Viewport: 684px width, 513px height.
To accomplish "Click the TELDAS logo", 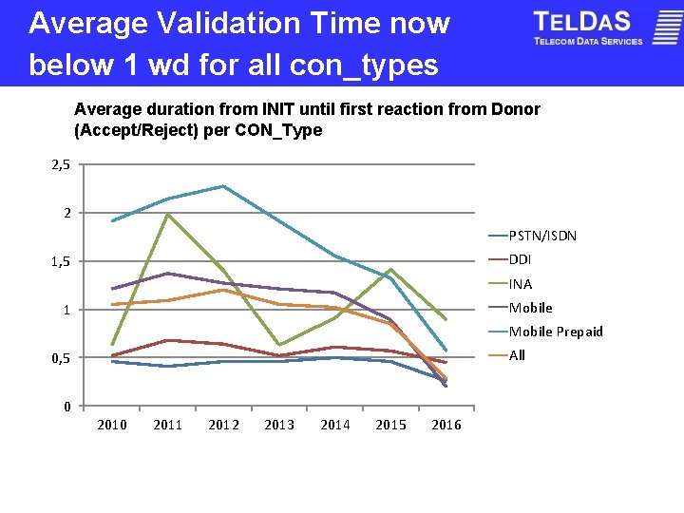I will [x=588, y=28].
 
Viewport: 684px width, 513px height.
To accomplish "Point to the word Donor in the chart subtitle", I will [x=516, y=109].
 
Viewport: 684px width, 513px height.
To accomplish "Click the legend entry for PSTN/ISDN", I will [x=542, y=236].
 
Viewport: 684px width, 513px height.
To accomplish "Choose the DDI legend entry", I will [x=520, y=259].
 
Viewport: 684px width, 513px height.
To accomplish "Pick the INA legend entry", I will [x=520, y=284].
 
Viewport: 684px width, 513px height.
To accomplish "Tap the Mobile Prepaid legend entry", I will [x=555, y=332].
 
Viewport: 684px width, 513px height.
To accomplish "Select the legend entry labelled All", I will [x=517, y=355].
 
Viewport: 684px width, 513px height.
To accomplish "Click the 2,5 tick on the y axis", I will [x=61, y=165].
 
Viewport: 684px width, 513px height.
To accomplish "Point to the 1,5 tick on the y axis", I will [x=61, y=261].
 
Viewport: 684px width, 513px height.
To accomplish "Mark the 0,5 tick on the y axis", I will [x=61, y=358].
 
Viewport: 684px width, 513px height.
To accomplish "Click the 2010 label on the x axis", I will [x=112, y=425].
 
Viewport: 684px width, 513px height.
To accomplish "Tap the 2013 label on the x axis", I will [x=279, y=425].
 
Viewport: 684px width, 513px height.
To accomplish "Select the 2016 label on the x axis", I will [x=446, y=425].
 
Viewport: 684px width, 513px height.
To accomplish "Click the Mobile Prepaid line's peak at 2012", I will [x=223, y=186].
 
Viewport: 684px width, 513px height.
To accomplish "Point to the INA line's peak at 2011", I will [x=168, y=215].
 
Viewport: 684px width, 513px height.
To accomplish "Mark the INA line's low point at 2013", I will [x=279, y=345].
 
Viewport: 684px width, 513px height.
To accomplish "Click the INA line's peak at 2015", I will [x=390, y=269].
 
